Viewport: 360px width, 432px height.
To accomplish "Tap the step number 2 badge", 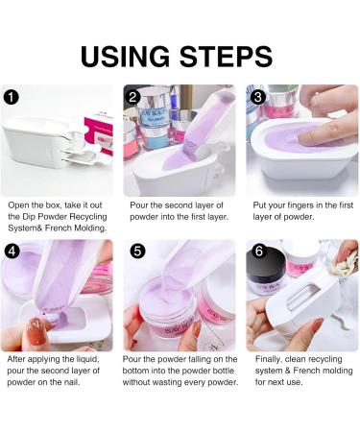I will click(x=133, y=96).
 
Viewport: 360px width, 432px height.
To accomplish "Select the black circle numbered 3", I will click(x=256, y=96).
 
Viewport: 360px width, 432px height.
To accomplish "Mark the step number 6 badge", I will click(x=256, y=252).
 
